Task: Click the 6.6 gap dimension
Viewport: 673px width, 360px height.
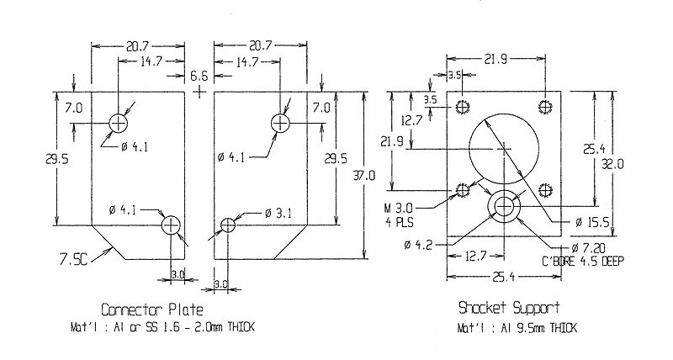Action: (x=199, y=76)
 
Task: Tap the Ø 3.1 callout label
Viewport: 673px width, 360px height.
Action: (x=278, y=214)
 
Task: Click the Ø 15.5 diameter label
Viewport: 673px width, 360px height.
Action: (x=592, y=222)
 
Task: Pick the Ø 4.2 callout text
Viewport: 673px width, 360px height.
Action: (x=417, y=245)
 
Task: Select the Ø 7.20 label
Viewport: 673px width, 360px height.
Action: (x=588, y=248)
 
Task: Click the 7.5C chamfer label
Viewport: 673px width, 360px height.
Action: (x=73, y=259)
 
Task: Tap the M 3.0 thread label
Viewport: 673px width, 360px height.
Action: (x=398, y=209)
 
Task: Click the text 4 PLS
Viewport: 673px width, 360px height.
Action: (x=400, y=223)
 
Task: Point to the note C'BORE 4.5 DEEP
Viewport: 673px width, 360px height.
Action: (x=583, y=261)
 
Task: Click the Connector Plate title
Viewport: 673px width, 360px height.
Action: (x=152, y=310)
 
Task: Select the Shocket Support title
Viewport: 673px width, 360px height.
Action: (x=509, y=308)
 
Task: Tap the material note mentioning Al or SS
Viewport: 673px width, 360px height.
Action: (x=162, y=327)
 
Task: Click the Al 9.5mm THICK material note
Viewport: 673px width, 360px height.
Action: (x=517, y=328)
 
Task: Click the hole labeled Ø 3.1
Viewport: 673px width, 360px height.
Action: (x=228, y=225)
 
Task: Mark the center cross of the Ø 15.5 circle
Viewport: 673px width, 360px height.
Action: (x=504, y=149)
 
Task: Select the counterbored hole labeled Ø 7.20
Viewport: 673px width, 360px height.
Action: (x=504, y=207)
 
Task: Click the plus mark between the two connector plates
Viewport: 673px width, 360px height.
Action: (x=199, y=91)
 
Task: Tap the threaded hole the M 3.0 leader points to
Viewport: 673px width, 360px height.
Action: (x=462, y=189)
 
